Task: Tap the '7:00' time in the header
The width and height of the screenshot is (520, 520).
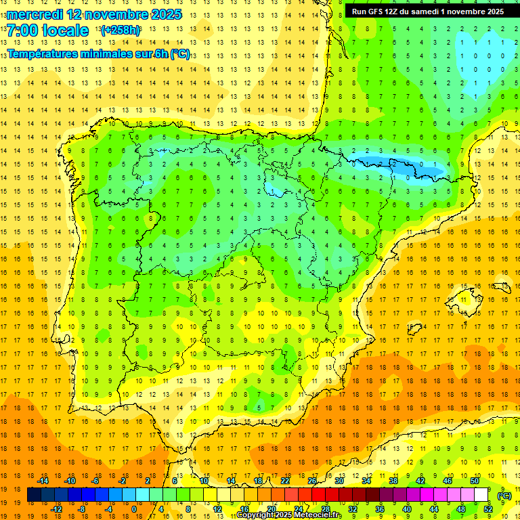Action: (21, 30)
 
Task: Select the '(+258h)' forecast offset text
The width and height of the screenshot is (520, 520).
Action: (120, 30)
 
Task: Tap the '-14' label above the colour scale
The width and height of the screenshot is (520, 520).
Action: (43, 481)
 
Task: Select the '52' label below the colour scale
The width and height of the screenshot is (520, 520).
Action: (488, 509)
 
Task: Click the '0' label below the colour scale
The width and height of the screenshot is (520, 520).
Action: (134, 509)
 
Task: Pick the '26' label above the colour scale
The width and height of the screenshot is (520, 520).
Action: (312, 481)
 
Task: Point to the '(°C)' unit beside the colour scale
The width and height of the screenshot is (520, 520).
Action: (504, 496)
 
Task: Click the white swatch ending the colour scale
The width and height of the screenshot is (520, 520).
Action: (481, 495)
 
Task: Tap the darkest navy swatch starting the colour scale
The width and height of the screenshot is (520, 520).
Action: (34, 495)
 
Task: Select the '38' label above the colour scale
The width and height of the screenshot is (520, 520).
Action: (393, 481)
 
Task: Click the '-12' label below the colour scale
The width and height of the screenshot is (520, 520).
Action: (57, 509)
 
